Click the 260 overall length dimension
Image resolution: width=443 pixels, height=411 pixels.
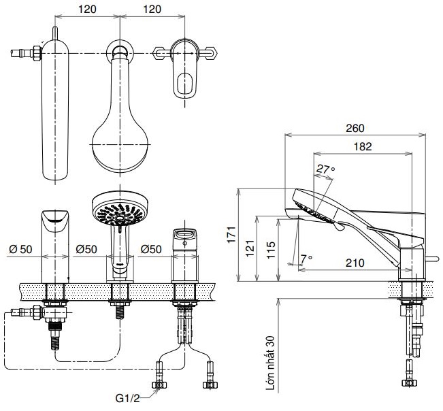tap(355, 128)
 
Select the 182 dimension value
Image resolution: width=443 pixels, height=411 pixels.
tap(362, 146)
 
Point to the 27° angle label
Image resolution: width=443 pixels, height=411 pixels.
tap(325, 169)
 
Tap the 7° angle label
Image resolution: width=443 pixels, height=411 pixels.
tap(306, 259)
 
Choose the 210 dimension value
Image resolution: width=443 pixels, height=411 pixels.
tap(355, 261)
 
